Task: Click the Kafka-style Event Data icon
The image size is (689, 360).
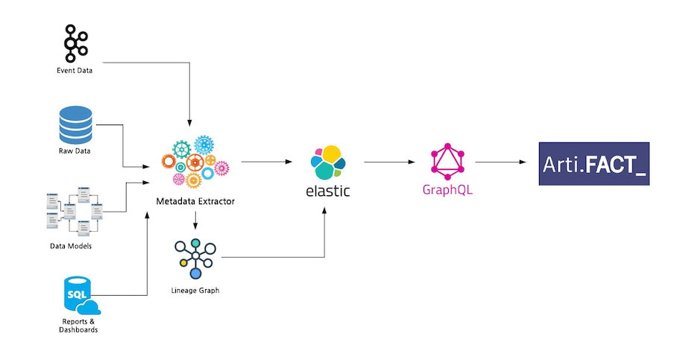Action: [x=75, y=44]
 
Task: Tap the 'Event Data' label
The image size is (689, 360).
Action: [x=75, y=72]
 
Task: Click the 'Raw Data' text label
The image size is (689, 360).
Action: [x=75, y=152]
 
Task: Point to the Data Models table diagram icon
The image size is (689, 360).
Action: [x=75, y=212]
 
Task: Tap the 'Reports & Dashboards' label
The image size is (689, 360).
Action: [x=79, y=325]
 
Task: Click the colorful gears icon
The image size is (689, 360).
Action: [x=195, y=162]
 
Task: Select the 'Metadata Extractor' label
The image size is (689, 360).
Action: [x=195, y=202]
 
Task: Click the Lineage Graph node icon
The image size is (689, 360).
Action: [x=195, y=259]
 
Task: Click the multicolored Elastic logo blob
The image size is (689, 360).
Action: [x=327, y=162]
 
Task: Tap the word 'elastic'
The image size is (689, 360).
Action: [x=327, y=191]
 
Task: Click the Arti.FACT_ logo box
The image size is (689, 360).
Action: [x=594, y=163]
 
